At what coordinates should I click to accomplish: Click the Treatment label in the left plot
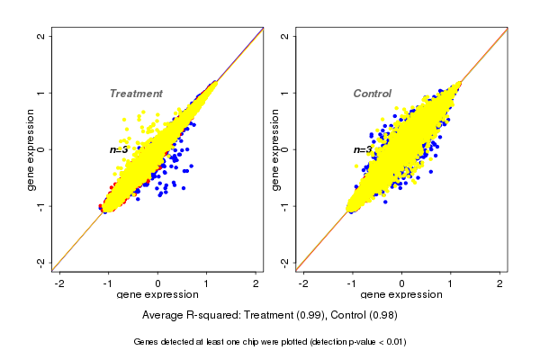point(136,94)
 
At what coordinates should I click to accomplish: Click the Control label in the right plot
point(373,94)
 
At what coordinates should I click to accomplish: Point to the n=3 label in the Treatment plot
point(119,149)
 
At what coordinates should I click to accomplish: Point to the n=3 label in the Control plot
point(363,149)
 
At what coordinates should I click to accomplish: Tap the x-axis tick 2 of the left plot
point(256,283)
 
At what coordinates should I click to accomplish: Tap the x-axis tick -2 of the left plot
point(59,283)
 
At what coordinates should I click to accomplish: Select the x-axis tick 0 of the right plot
point(401,283)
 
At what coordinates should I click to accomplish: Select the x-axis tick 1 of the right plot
point(451,283)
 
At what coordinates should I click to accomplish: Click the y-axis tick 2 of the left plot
point(40,37)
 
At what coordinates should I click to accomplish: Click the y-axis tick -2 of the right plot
point(283,262)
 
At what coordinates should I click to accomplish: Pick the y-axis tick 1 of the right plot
point(283,93)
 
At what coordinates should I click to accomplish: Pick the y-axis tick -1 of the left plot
point(40,206)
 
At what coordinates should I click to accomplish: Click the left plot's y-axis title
point(31,149)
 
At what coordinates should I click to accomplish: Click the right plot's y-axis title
point(274,149)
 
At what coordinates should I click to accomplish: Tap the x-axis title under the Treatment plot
point(157,295)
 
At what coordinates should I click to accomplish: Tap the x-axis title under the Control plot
point(401,295)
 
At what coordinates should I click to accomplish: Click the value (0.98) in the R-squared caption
point(382,316)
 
